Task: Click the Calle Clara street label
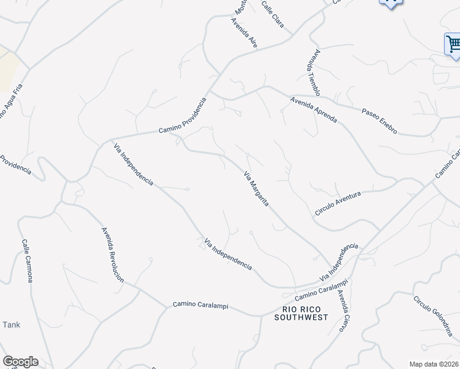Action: [272, 14]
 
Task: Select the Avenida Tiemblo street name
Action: [314, 73]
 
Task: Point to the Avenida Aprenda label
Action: [314, 110]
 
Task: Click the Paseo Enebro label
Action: [379, 121]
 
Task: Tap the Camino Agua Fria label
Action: [10, 105]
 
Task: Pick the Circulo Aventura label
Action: [337, 202]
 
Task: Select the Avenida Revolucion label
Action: [113, 255]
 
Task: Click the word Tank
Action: [12, 325]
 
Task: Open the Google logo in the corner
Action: [20, 362]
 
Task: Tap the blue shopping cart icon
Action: [453, 44]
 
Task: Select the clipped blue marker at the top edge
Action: [389, 3]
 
